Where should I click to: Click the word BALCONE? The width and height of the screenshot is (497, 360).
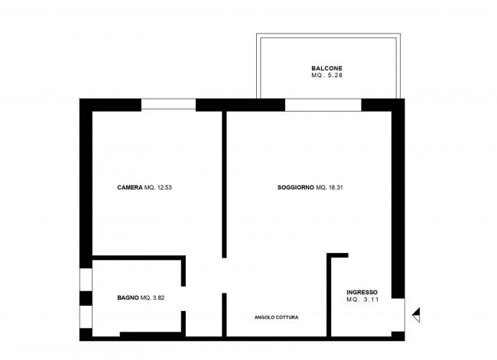tap(326, 68)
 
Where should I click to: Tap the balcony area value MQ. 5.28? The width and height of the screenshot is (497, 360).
tap(326, 76)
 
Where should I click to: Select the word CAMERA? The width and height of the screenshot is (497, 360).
tap(130, 187)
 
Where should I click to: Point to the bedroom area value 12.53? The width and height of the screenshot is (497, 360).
tap(164, 187)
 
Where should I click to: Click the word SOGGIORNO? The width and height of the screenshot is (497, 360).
tap(296, 187)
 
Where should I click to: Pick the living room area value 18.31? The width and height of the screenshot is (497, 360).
tap(336, 187)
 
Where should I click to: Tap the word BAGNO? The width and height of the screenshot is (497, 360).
tap(128, 297)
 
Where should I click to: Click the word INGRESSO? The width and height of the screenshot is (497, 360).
tap(362, 292)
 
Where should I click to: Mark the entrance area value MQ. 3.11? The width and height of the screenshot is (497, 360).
tap(362, 300)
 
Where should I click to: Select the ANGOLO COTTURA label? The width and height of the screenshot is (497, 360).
tap(276, 317)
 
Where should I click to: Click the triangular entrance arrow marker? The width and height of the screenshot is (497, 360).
tap(416, 315)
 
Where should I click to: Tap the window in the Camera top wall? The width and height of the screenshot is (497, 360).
tap(168, 104)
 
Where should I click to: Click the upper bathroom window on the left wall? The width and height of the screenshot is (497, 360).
tap(86, 280)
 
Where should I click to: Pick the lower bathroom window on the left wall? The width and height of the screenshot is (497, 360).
tap(86, 316)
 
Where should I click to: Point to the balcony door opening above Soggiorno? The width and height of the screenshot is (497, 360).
tap(323, 105)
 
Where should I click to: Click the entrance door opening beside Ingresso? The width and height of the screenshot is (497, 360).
tap(398, 315)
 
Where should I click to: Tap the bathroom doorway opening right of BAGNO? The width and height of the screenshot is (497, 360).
tap(184, 299)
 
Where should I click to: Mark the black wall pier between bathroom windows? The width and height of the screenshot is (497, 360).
tap(86, 298)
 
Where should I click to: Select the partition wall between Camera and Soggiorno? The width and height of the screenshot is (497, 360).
tap(224, 184)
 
